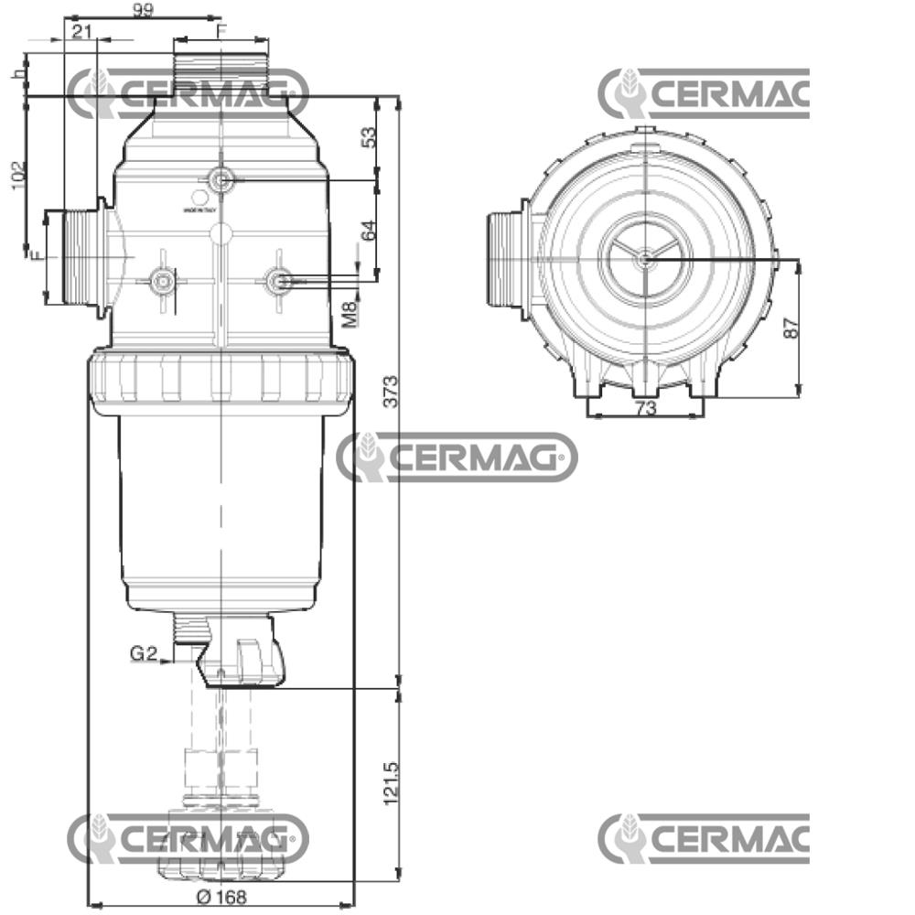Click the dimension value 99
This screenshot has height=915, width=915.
click(x=143, y=10)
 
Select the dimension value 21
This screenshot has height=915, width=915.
click(x=82, y=32)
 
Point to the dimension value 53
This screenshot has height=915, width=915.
click(x=369, y=137)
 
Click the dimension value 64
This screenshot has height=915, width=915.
click(x=369, y=230)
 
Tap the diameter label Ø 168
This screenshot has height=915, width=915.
click(x=221, y=897)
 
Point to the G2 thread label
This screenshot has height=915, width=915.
click(x=144, y=653)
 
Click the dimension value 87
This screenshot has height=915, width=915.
click(x=791, y=328)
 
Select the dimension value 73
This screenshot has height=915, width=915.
click(x=646, y=408)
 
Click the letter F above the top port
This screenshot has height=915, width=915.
click(x=221, y=30)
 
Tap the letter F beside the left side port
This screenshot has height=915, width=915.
click(x=36, y=255)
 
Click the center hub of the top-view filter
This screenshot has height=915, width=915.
click(x=645, y=259)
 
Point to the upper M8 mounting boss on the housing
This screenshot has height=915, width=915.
click(x=221, y=180)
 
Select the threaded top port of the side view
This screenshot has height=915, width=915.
click(x=221, y=69)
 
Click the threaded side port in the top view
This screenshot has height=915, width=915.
click(x=504, y=260)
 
